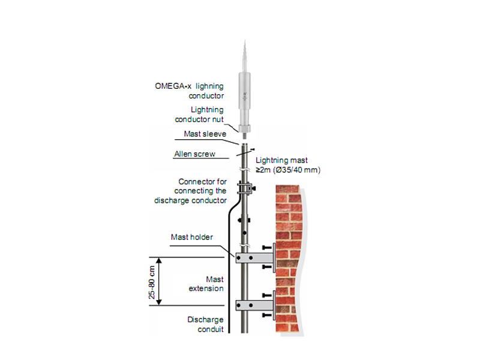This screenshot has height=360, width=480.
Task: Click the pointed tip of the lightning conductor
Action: pyautogui.click(x=245, y=40)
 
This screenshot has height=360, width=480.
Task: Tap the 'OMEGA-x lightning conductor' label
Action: pyautogui.click(x=189, y=91)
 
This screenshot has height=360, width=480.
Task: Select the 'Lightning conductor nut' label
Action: pyautogui.click(x=199, y=115)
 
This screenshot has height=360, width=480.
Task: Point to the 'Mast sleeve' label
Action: pyautogui.click(x=205, y=134)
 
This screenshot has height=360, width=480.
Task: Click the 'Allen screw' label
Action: pyautogui.click(x=194, y=154)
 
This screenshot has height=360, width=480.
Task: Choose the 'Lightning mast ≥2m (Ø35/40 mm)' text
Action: pyautogui.click(x=288, y=165)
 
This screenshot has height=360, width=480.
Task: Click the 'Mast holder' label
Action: pyautogui.click(x=191, y=237)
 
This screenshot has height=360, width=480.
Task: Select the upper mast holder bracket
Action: pyautogui.click(x=254, y=258)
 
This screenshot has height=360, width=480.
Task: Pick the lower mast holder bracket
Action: pyautogui.click(x=254, y=305)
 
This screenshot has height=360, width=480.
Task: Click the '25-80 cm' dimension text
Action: pyautogui.click(x=152, y=282)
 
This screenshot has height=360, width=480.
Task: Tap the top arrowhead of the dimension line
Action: pyautogui.click(x=158, y=260)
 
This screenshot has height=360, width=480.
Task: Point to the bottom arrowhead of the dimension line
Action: pyautogui.click(x=158, y=302)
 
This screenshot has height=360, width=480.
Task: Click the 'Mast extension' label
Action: pyautogui.click(x=206, y=284)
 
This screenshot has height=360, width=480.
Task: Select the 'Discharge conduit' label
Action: pyautogui.click(x=205, y=325)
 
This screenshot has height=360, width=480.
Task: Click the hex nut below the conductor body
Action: pyautogui.click(x=245, y=128)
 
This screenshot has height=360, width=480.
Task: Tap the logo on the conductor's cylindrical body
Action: pyautogui.click(x=245, y=97)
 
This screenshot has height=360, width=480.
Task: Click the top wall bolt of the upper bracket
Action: pyautogui.click(x=267, y=247)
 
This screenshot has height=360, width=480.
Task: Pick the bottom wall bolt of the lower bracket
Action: pyautogui.click(x=267, y=315)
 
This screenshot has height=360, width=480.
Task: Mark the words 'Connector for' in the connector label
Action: pyautogui.click(x=202, y=182)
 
